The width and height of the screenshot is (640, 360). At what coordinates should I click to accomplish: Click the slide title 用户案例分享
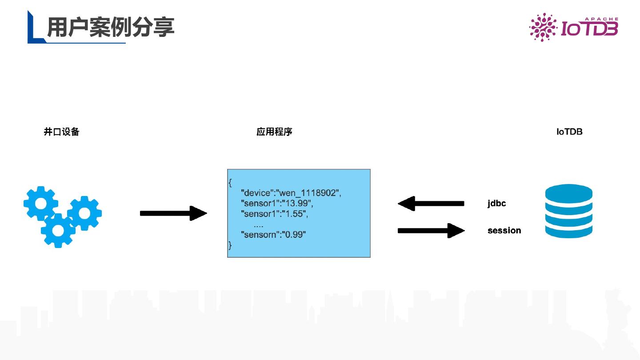point(110,28)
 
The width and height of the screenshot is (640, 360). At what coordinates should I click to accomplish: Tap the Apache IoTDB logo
point(573,28)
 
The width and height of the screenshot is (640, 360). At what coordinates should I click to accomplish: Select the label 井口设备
point(61,132)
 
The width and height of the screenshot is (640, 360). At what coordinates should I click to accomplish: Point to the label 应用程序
point(274,132)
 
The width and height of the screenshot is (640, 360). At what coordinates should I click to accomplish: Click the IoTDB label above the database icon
point(569,132)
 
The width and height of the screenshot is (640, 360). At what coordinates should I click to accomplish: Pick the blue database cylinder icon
point(569,212)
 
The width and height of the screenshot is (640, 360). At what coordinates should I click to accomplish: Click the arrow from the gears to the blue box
point(173,213)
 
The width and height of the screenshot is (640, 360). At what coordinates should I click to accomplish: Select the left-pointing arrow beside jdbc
point(431,204)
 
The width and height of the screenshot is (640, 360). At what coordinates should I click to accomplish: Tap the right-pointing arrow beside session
point(431,230)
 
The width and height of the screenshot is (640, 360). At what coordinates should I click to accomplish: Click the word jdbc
point(496,204)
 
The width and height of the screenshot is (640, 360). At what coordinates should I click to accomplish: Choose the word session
point(504,230)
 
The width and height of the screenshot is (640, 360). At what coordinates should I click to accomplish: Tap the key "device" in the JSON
point(257,193)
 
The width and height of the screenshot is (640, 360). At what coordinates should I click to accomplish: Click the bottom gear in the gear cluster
point(58,230)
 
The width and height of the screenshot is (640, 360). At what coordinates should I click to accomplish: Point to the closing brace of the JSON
point(230,245)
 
